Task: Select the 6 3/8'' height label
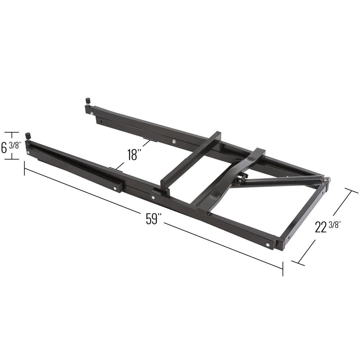(x=11, y=147)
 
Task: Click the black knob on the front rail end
(x=28, y=136)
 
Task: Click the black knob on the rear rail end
(x=87, y=100)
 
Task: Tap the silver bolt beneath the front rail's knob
(x=29, y=152)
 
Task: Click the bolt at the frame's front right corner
(x=268, y=245)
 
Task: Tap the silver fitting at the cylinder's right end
(x=327, y=180)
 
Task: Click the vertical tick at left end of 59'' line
(x=24, y=168)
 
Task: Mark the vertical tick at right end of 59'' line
(x=283, y=269)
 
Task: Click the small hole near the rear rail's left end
(x=102, y=121)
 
